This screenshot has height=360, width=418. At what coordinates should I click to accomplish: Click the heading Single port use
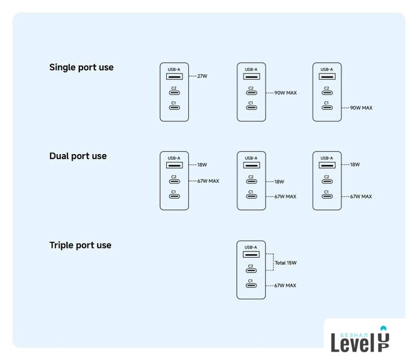pos(81,67)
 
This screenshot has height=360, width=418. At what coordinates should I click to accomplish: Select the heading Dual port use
pos(78,156)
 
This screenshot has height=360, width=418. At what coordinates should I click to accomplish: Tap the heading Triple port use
pos(80,245)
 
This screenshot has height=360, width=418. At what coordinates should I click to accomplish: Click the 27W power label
pos(203,75)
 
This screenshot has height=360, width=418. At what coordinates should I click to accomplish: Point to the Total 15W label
pos(285,263)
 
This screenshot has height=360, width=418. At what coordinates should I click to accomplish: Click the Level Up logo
pos(360,340)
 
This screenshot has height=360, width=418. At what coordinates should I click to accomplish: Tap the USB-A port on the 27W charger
pos(174,76)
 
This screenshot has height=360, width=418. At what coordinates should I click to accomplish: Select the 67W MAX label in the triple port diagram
pos(285,286)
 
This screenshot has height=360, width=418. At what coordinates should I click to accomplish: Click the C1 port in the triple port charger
pos(251,286)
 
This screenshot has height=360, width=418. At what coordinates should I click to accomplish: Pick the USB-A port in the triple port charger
pos(251,255)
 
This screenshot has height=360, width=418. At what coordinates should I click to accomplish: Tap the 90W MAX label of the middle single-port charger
pos(285,93)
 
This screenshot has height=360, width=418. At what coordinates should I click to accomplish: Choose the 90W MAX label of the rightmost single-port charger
pos(361,108)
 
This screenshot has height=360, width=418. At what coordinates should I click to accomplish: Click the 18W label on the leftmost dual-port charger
pos(203,165)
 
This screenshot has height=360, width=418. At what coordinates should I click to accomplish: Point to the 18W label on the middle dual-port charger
pos(279,182)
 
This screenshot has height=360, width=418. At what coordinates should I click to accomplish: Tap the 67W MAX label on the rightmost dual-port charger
pos(361,197)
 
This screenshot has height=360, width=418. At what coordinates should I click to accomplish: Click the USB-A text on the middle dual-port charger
pos(251,158)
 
